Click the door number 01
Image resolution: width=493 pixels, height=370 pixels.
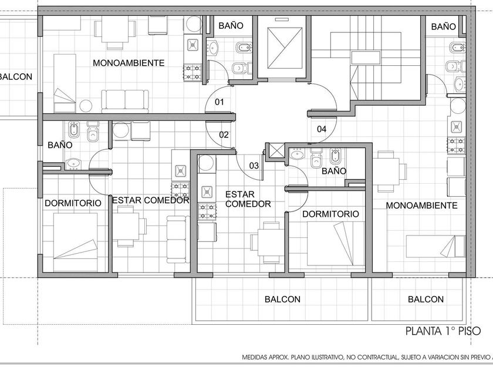(219, 102)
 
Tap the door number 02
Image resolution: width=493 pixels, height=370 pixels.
(224, 135)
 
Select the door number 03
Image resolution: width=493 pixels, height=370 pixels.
(254, 166)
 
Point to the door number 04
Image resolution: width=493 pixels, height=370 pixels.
(322, 129)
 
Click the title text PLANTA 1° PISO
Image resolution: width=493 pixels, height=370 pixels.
(443, 331)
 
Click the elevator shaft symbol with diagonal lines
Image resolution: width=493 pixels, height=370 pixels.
(285, 48)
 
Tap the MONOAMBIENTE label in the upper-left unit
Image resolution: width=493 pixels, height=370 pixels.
(129, 63)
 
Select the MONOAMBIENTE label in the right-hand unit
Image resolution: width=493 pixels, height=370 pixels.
(421, 206)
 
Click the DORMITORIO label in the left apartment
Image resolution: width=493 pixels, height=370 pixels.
(73, 203)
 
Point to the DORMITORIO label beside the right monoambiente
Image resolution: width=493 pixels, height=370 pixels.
(330, 214)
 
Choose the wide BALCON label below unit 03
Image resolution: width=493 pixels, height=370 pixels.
(282, 299)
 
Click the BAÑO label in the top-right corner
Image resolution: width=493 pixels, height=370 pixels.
(443, 27)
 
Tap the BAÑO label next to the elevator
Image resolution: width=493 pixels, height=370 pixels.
(231, 25)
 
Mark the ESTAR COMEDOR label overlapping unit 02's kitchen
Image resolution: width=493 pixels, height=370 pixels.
(151, 200)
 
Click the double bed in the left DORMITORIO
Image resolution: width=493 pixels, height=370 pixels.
(76, 242)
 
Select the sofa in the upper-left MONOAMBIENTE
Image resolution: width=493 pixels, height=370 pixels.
(125, 101)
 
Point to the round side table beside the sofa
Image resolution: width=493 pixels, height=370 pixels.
(86, 106)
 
